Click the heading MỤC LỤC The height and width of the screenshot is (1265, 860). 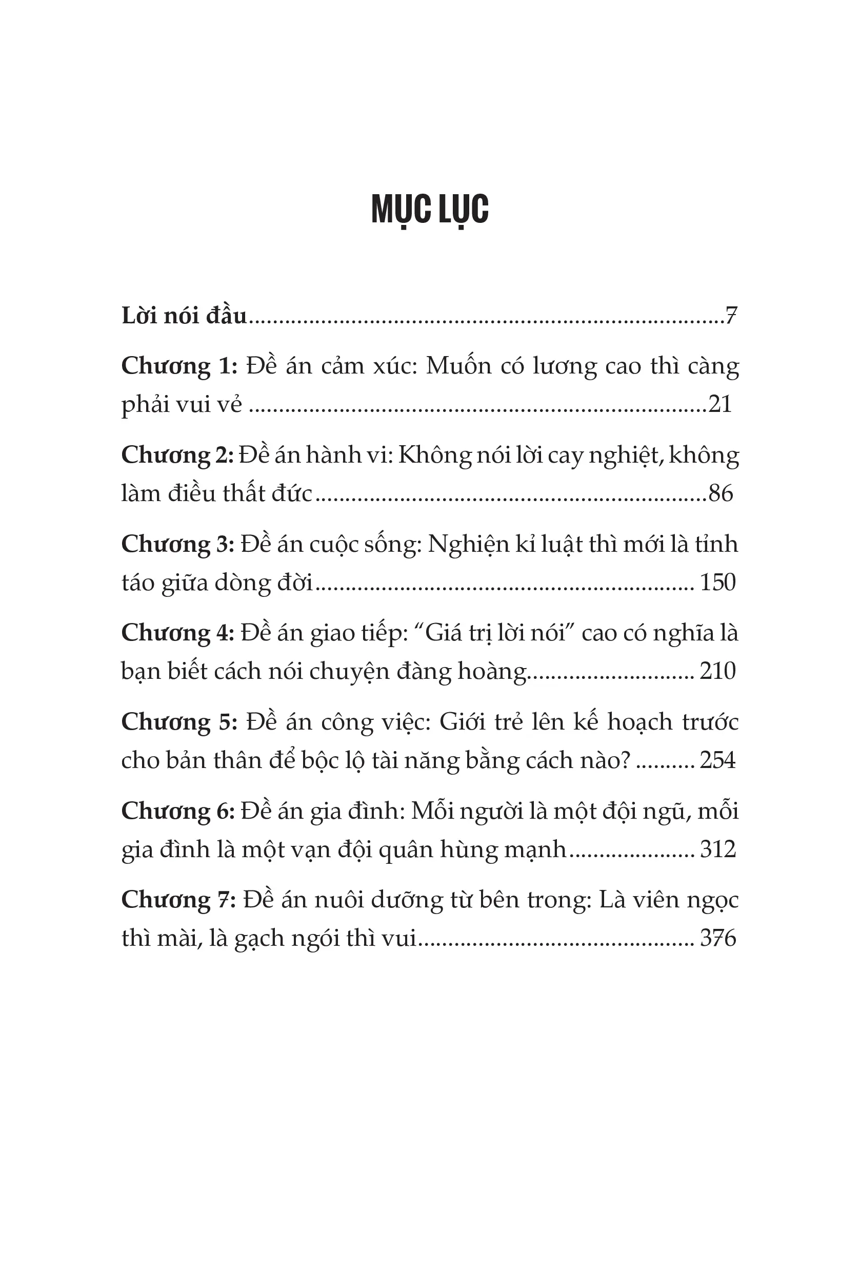point(430,210)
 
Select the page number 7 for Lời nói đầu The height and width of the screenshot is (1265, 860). point(731,316)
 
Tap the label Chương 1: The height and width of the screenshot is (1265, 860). point(179,366)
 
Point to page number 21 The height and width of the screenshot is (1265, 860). point(720,404)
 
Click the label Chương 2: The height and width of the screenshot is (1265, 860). point(177,455)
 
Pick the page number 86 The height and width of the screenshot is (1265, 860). point(721,493)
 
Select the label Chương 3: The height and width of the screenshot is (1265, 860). point(177,544)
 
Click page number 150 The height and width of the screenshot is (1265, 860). point(717,583)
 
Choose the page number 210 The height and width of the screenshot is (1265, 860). point(717,671)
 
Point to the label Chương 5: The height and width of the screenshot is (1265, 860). point(179,722)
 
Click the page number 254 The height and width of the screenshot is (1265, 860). point(717,760)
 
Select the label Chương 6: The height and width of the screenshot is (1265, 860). point(177,811)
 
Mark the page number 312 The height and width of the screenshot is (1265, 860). point(717,849)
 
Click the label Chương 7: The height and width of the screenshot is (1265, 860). point(178,900)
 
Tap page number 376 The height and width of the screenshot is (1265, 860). point(717,939)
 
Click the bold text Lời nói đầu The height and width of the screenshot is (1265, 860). point(184,316)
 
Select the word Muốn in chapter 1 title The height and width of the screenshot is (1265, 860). point(458,366)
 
